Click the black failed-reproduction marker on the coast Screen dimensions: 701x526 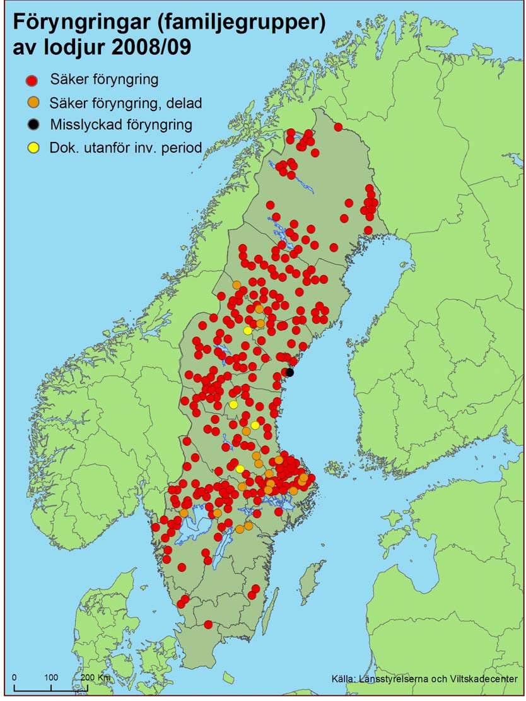(x=289, y=372)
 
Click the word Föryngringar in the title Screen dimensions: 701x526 (x=81, y=25)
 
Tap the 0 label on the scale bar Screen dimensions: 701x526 (x=14, y=677)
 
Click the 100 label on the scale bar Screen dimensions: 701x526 (x=51, y=677)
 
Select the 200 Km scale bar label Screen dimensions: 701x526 (x=95, y=677)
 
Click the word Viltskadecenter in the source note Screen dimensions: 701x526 (x=484, y=679)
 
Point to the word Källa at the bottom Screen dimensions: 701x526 (x=343, y=679)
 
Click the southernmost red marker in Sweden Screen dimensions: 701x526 (x=208, y=625)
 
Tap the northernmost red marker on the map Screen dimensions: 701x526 (x=338, y=127)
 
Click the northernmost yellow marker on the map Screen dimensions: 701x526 (x=248, y=330)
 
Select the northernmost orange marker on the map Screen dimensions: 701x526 (x=237, y=285)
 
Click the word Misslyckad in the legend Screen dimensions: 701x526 (x=80, y=125)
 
